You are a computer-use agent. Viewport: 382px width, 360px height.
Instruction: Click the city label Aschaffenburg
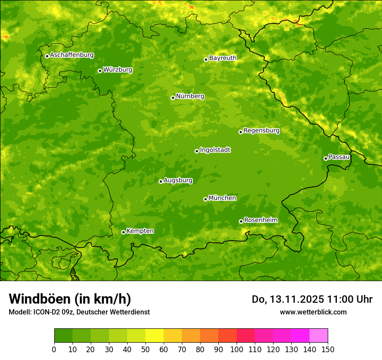click(72, 55)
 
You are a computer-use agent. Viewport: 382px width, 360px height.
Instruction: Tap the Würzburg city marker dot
click(100, 71)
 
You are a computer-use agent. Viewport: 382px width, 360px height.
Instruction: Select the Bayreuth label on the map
click(223, 58)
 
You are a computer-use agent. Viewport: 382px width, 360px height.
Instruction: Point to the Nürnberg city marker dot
click(173, 98)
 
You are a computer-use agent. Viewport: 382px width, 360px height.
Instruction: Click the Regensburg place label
click(261, 131)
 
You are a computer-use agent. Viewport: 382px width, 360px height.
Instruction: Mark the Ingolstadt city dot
click(197, 151)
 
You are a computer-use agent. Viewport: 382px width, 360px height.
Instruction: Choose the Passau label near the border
click(339, 157)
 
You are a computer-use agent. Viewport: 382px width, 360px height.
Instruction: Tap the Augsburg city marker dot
click(161, 181)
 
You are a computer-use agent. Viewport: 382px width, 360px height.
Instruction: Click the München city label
click(222, 198)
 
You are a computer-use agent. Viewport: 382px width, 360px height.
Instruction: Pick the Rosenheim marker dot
click(241, 221)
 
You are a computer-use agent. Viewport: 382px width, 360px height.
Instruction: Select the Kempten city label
click(140, 231)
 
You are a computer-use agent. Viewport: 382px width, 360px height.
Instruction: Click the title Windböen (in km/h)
click(69, 299)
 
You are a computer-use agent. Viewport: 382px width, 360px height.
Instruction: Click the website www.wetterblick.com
click(313, 312)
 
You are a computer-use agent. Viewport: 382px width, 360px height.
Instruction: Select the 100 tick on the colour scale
click(237, 349)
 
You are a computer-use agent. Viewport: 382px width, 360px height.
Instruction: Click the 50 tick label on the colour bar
click(145, 349)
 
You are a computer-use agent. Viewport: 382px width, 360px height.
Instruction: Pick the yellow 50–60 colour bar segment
click(155, 335)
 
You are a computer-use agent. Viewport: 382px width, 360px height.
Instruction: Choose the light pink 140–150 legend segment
click(319, 335)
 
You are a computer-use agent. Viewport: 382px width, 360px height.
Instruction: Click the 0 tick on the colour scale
click(54, 349)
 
